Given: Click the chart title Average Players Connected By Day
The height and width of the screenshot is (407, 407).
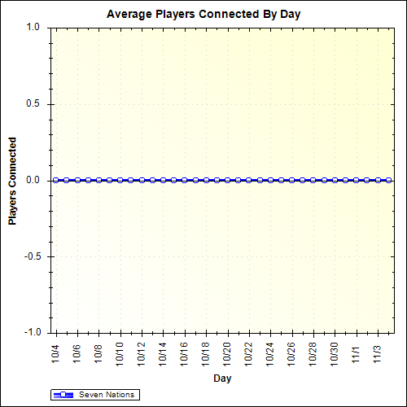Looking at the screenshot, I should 203,15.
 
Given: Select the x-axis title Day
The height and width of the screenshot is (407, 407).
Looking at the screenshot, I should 221,379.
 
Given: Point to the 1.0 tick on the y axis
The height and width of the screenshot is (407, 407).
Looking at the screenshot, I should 33,27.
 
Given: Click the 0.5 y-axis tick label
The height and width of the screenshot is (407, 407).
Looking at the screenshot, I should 33,103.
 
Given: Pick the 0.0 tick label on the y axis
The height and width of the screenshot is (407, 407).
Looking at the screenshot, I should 33,180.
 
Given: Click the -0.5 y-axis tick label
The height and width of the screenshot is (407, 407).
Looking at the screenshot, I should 31,256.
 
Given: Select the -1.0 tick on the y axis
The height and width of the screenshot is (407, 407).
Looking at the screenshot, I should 31,332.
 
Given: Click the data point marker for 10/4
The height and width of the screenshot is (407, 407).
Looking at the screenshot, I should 56,180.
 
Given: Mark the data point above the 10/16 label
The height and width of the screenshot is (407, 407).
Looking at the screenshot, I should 184,180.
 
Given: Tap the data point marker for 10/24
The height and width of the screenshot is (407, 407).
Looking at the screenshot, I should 269,180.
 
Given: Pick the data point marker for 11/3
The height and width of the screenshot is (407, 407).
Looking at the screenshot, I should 377,180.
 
